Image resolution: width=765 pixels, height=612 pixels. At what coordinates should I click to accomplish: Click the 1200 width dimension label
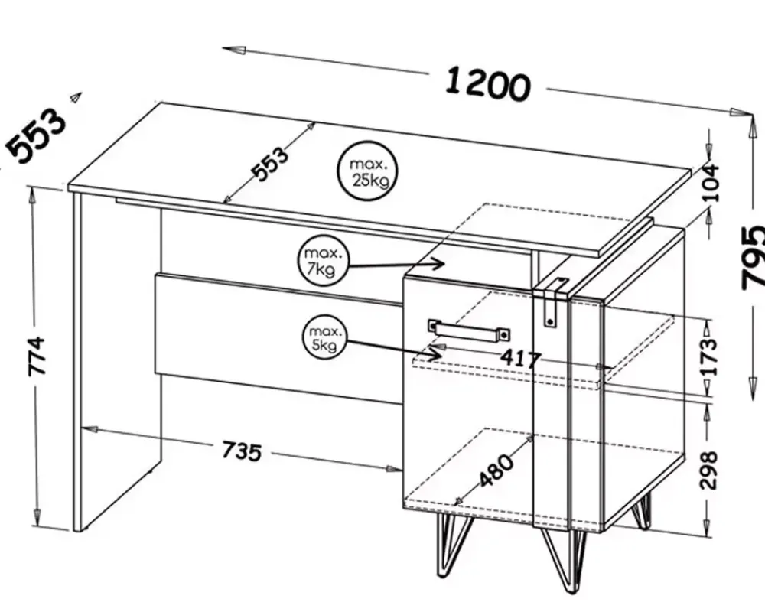pos(487,86)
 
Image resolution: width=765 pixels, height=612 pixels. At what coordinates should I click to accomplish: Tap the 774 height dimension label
pos(37,356)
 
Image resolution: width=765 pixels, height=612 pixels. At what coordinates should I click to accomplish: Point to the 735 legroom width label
pos(242,451)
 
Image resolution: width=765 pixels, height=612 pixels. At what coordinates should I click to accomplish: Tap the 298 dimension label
pos(708,470)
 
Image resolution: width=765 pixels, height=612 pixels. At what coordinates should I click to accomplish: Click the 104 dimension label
pos(710,183)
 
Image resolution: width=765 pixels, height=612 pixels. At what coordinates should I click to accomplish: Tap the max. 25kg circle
pos(367,171)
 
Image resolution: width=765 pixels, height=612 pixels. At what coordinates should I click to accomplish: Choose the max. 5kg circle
pos(326,339)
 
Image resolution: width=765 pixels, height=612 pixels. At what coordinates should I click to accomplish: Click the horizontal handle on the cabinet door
pos(470,330)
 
